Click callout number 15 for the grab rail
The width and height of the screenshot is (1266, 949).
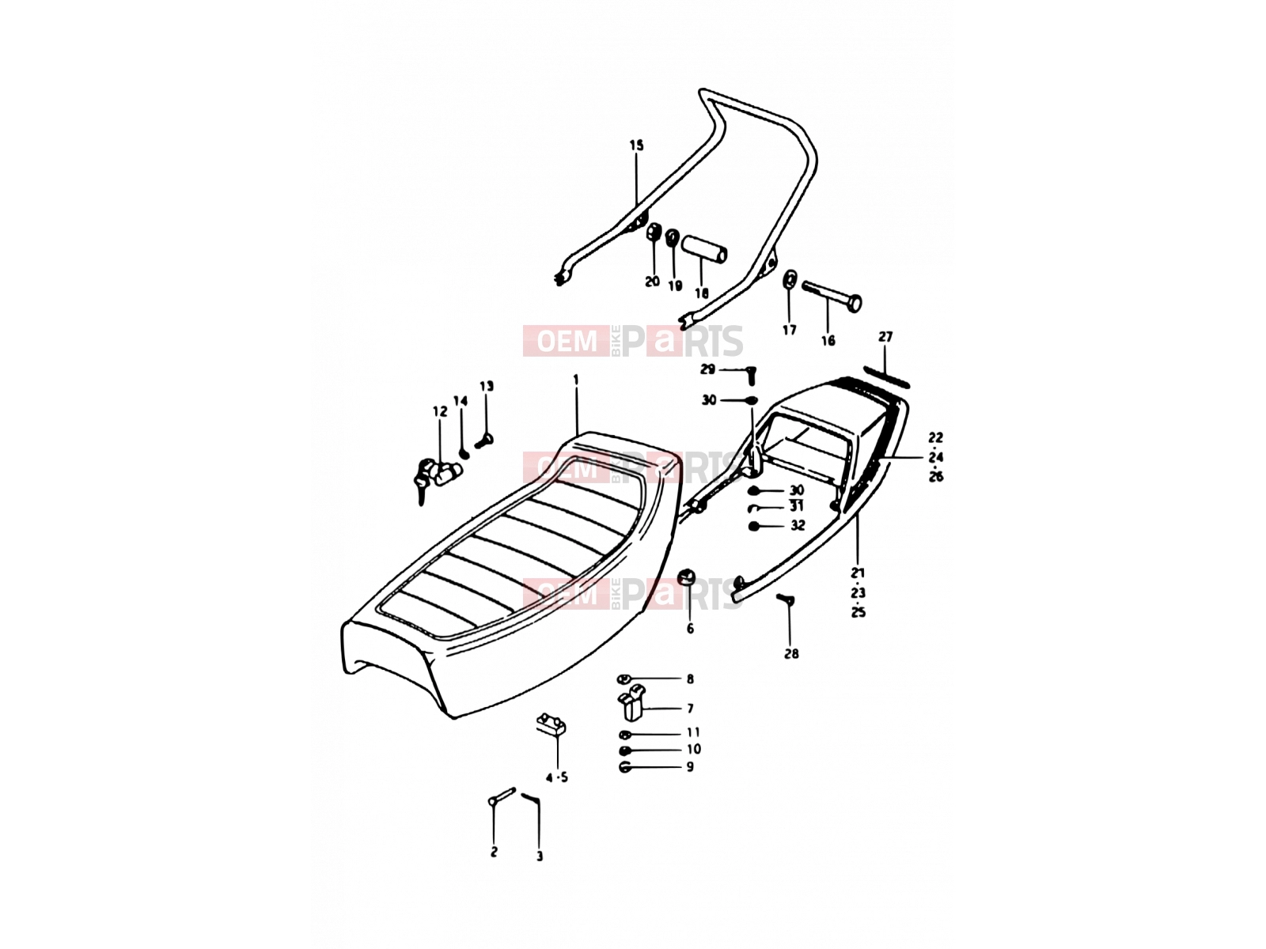[x=636, y=146]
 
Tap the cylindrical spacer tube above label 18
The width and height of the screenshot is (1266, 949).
[x=705, y=248]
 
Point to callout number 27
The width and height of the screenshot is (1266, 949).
[x=885, y=337]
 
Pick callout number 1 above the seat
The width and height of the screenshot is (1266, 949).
[x=575, y=380]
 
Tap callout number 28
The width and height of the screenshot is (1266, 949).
[x=791, y=654]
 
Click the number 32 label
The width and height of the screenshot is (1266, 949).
[x=798, y=525]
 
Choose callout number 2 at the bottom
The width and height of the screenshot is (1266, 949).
[x=494, y=852]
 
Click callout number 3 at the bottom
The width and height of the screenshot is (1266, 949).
[x=540, y=856]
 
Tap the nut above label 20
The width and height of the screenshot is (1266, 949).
[x=654, y=233]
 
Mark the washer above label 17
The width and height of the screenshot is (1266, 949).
[x=790, y=279]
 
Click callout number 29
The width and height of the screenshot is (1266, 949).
[x=707, y=369]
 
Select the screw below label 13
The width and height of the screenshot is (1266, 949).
[x=484, y=442]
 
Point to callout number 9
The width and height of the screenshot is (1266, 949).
[x=690, y=767]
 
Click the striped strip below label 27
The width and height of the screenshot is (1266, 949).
[x=886, y=377]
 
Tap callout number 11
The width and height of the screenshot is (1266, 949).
[x=693, y=732]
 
